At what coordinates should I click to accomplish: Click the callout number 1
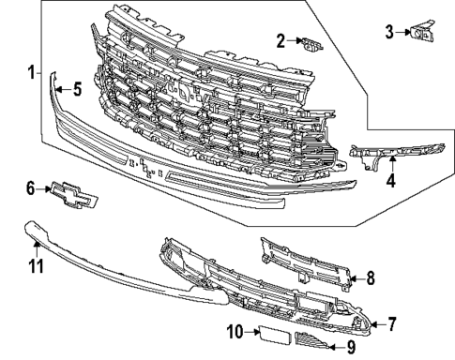pyautogui.click(x=30, y=72)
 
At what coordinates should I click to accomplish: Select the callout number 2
pyautogui.click(x=281, y=40)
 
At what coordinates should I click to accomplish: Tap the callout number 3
pyautogui.click(x=389, y=34)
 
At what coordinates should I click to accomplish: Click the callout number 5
pyautogui.click(x=78, y=90)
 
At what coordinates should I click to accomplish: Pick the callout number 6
pyautogui.click(x=31, y=188)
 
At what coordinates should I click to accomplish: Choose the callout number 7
pyautogui.click(x=391, y=324)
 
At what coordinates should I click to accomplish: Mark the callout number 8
pyautogui.click(x=370, y=277)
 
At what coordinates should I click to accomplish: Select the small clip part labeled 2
pyautogui.click(x=309, y=42)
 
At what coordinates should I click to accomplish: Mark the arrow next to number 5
pyautogui.click(x=58, y=90)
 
